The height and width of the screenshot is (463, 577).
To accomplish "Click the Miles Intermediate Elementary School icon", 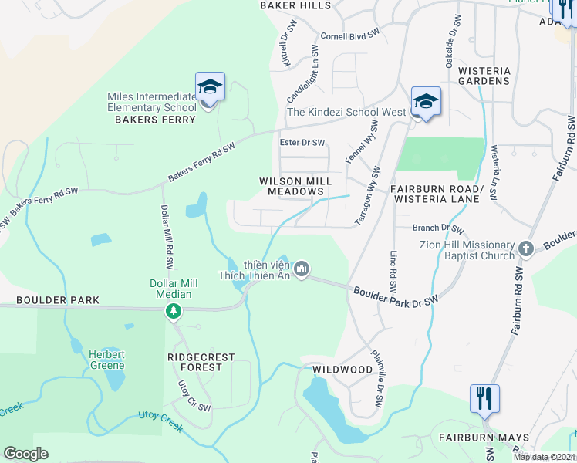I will [x=210, y=88].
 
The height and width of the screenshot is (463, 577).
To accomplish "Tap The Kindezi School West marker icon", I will [x=426, y=102].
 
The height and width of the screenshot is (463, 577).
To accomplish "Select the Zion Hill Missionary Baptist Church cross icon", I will [x=526, y=248].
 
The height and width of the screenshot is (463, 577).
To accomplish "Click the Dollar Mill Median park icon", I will [x=174, y=311].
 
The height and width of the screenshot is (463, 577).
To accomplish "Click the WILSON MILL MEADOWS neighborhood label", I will [x=295, y=187].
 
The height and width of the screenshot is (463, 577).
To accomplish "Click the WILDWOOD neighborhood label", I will [x=342, y=370].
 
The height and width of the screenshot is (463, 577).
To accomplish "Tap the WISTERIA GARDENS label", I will [x=484, y=76].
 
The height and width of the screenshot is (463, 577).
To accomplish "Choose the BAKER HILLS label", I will [x=295, y=5].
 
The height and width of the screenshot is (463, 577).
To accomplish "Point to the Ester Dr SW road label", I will [x=302, y=143].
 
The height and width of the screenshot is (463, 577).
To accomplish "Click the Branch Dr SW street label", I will [x=438, y=228].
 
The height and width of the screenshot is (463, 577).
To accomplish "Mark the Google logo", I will [x=25, y=454].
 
